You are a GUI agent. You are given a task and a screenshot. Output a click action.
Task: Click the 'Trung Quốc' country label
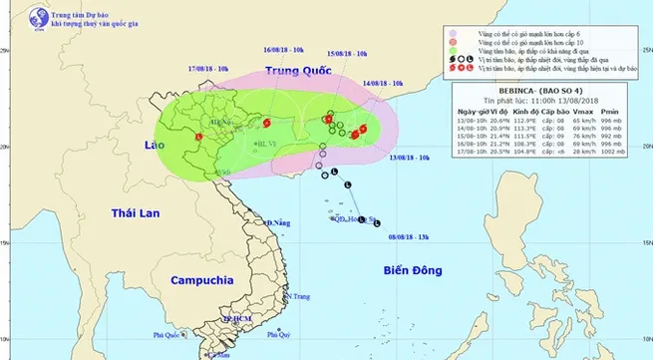coord(297,70)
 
